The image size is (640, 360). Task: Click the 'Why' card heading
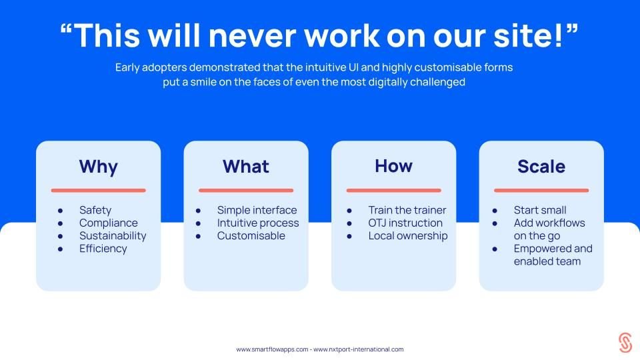[99, 167]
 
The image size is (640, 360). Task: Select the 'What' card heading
[246, 167]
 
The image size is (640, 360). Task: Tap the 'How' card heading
[393, 166]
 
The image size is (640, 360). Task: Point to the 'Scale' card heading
[541, 167]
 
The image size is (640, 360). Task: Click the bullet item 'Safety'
[95, 210]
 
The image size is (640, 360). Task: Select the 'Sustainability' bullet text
[113, 236]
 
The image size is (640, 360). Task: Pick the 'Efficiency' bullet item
[103, 249]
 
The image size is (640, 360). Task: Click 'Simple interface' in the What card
[257, 210]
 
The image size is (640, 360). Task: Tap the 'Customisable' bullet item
[251, 236]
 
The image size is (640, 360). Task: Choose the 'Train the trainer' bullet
[407, 210]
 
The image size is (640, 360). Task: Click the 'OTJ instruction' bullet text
[405, 223]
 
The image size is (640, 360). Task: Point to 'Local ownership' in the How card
[408, 236]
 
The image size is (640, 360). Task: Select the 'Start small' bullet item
[539, 210]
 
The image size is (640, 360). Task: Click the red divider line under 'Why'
[99, 190]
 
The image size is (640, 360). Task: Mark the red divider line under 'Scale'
[541, 190]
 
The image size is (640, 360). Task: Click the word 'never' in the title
[252, 36]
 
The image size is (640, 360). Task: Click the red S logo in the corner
[625, 342]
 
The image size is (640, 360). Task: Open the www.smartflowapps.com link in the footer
[272, 349]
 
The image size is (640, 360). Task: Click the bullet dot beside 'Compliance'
[61, 224]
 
